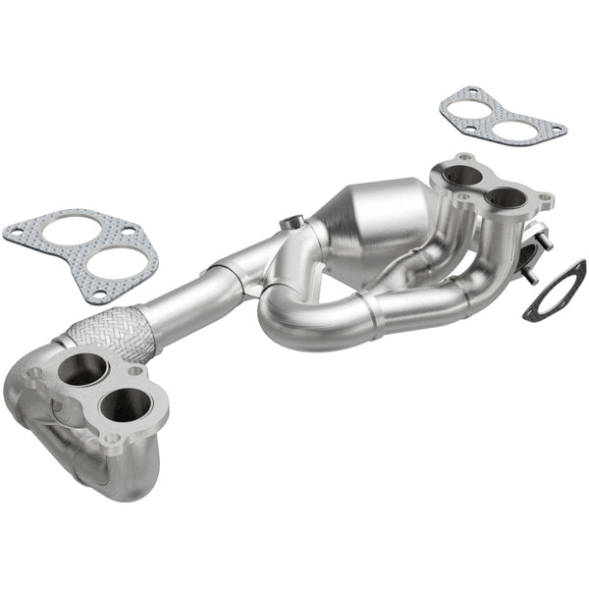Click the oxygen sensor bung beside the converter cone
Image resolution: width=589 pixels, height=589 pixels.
[x=291, y=223]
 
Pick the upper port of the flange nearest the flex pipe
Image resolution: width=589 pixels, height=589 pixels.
[x=83, y=370]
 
